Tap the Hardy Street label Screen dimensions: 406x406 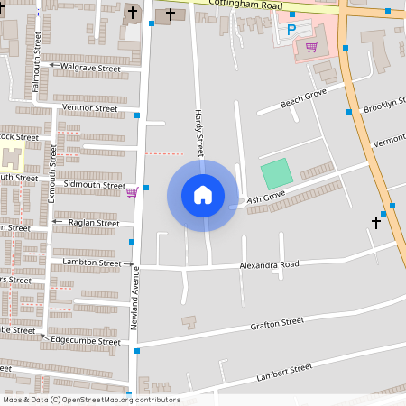(199, 132)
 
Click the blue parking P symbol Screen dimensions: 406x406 (291, 30)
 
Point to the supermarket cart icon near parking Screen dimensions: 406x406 (311, 47)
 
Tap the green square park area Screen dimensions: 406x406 (277, 173)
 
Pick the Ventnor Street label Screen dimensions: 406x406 (89, 108)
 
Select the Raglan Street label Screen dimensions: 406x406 (95, 223)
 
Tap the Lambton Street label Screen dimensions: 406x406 (91, 263)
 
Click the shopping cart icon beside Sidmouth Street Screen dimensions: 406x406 (132, 191)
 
